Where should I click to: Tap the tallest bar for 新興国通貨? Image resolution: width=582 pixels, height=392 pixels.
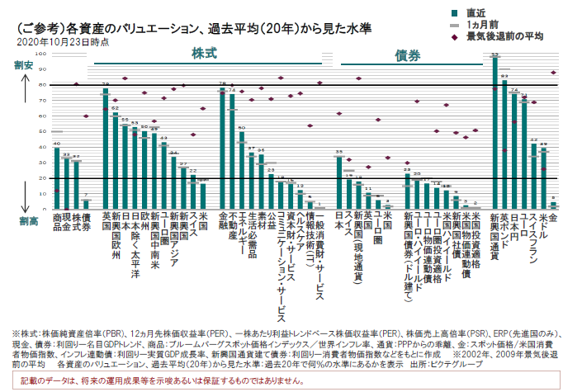494,132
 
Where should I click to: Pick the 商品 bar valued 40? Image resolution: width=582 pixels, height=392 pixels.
57,177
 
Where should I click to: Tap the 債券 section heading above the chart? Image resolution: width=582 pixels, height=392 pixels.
407,54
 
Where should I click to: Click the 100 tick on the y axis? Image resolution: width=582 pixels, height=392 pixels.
41,54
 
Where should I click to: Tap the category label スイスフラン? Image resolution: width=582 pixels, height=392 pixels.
534,243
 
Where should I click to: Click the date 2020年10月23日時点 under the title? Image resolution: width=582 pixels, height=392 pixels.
62,39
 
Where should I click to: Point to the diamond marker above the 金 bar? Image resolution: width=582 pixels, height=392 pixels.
554,73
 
